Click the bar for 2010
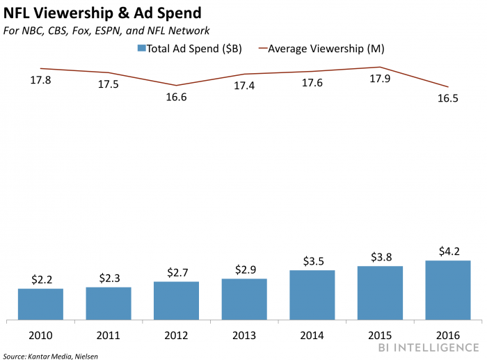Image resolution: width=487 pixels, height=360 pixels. [x=40, y=304]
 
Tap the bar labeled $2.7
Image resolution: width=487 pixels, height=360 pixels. [x=177, y=301]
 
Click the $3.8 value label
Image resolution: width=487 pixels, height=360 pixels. [x=381, y=256]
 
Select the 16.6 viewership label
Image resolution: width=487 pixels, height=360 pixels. [x=176, y=97]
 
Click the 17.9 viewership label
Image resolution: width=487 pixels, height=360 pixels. [x=381, y=79]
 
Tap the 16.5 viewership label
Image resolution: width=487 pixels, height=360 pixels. [x=447, y=98]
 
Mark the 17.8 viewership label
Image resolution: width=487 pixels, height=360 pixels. [x=41, y=81]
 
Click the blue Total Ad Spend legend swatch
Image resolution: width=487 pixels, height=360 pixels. [x=141, y=49]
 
